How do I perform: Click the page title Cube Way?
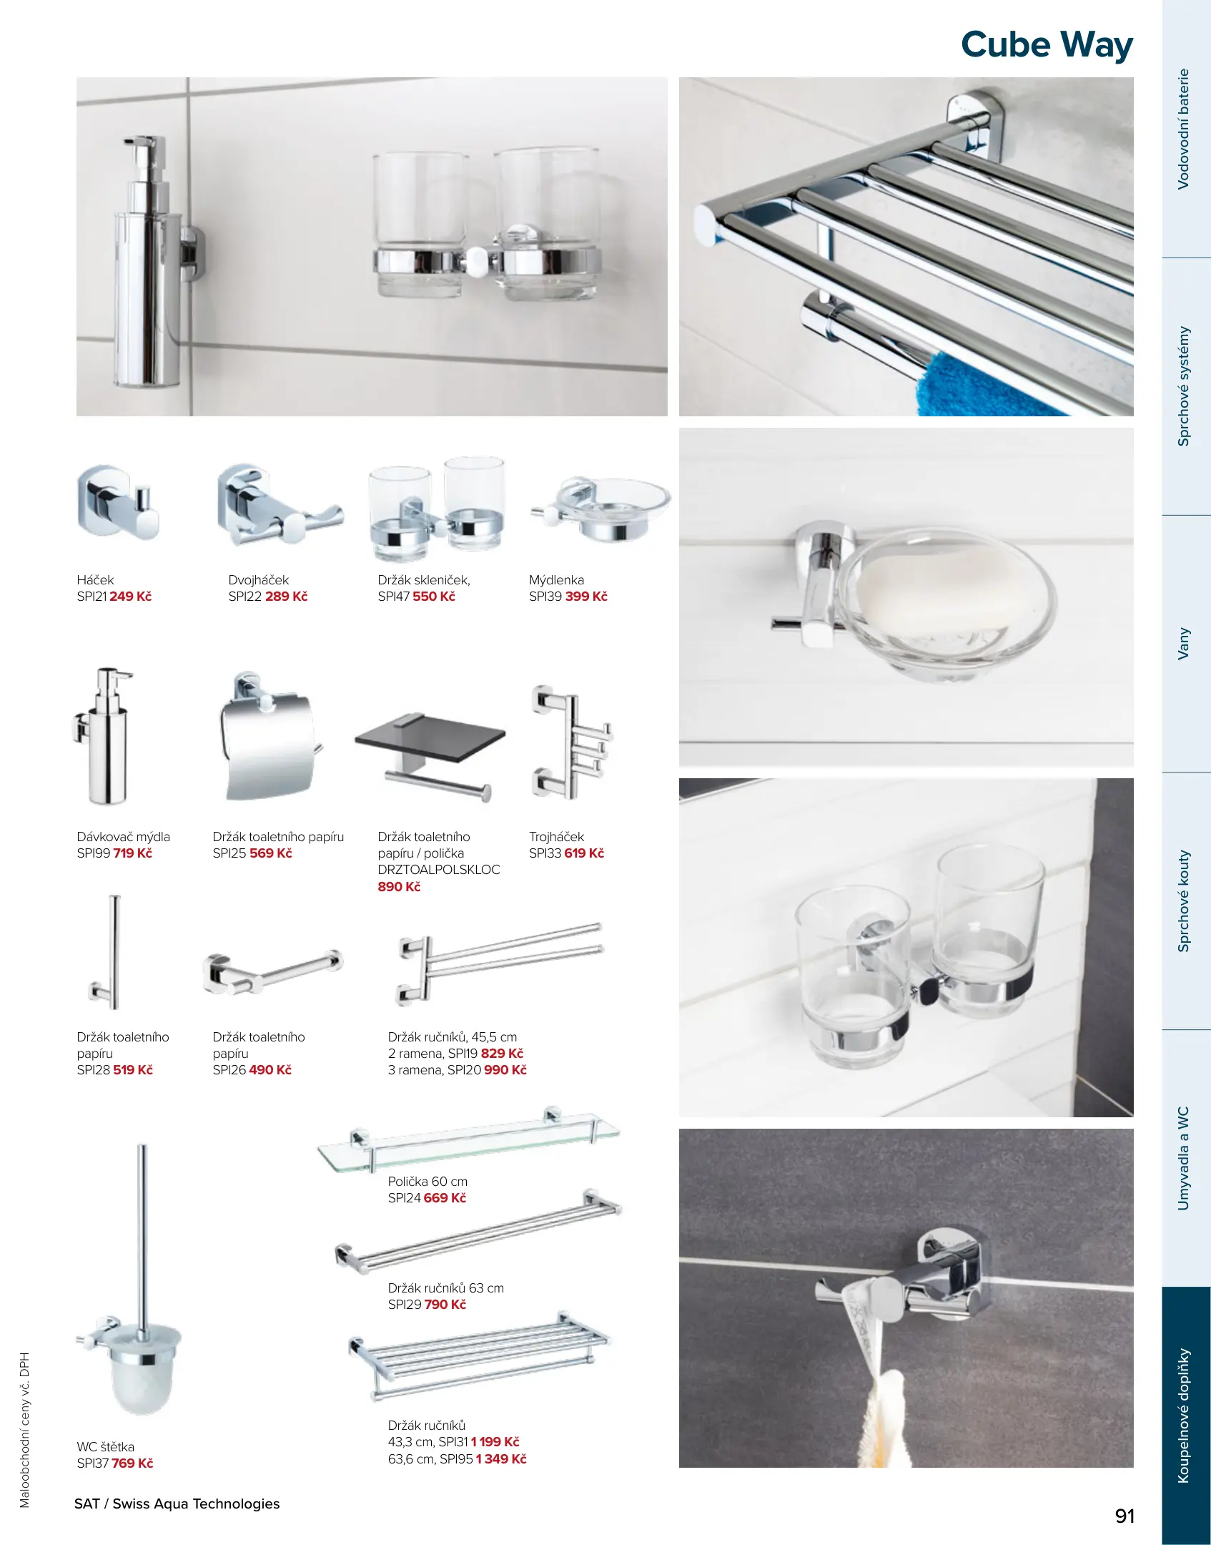[1047, 45]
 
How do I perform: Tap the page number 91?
[1124, 1516]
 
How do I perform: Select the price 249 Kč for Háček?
[130, 597]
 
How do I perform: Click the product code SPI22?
[245, 597]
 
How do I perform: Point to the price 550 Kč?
[433, 597]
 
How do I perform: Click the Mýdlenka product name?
[556, 580]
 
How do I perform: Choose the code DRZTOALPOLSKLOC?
[439, 870]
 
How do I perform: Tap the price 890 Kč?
[399, 887]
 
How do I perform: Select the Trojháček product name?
[556, 837]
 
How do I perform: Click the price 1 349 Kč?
[501, 1459]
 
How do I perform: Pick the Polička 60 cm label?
[427, 1182]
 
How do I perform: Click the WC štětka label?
[105, 1447]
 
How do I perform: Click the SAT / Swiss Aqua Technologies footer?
[177, 1504]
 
